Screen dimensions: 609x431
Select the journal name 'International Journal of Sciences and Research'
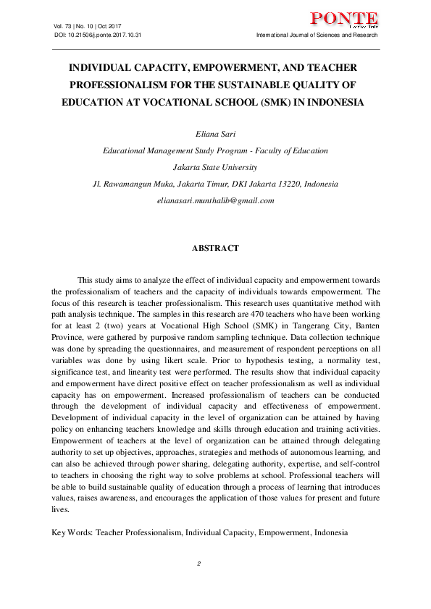click(317, 35)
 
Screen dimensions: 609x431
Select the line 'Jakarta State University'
click(215, 167)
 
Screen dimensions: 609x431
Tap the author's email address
click(215, 200)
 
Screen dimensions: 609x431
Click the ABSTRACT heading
click(215, 248)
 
